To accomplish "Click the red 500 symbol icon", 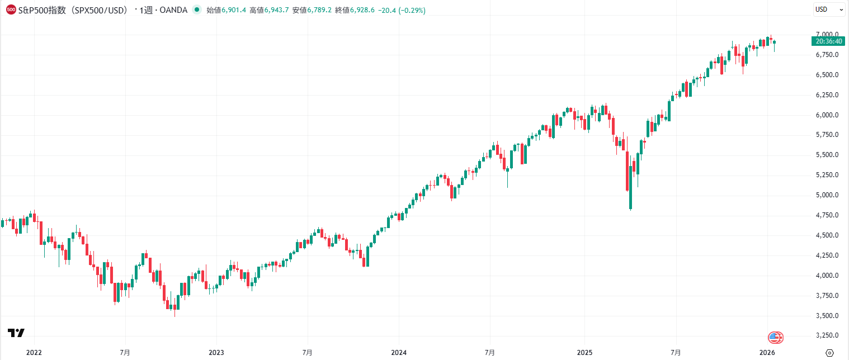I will [11, 10].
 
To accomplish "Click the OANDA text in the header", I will [173, 10].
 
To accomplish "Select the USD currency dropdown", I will [828, 10].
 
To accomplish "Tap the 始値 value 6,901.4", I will [234, 10].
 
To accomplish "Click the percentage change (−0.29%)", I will [412, 10].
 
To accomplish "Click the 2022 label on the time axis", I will [34, 353].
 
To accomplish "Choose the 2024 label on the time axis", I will [399, 353].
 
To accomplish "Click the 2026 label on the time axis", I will [767, 353].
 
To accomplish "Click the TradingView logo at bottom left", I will [16, 333].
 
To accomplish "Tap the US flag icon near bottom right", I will [775, 337].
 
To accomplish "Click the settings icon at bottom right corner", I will [829, 353].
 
